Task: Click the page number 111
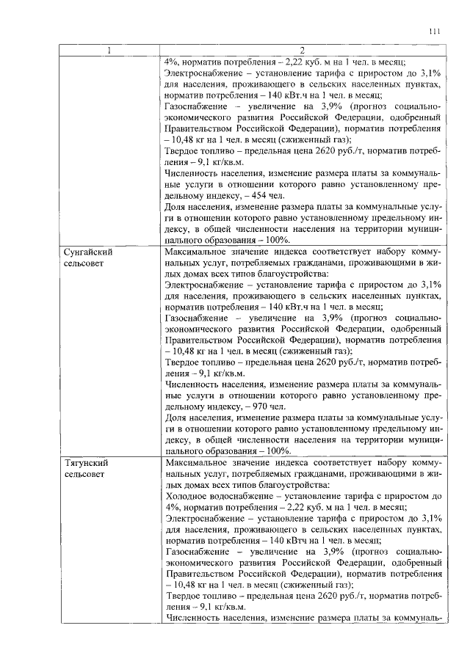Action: (434, 31)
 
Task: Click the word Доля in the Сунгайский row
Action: (177, 417)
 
